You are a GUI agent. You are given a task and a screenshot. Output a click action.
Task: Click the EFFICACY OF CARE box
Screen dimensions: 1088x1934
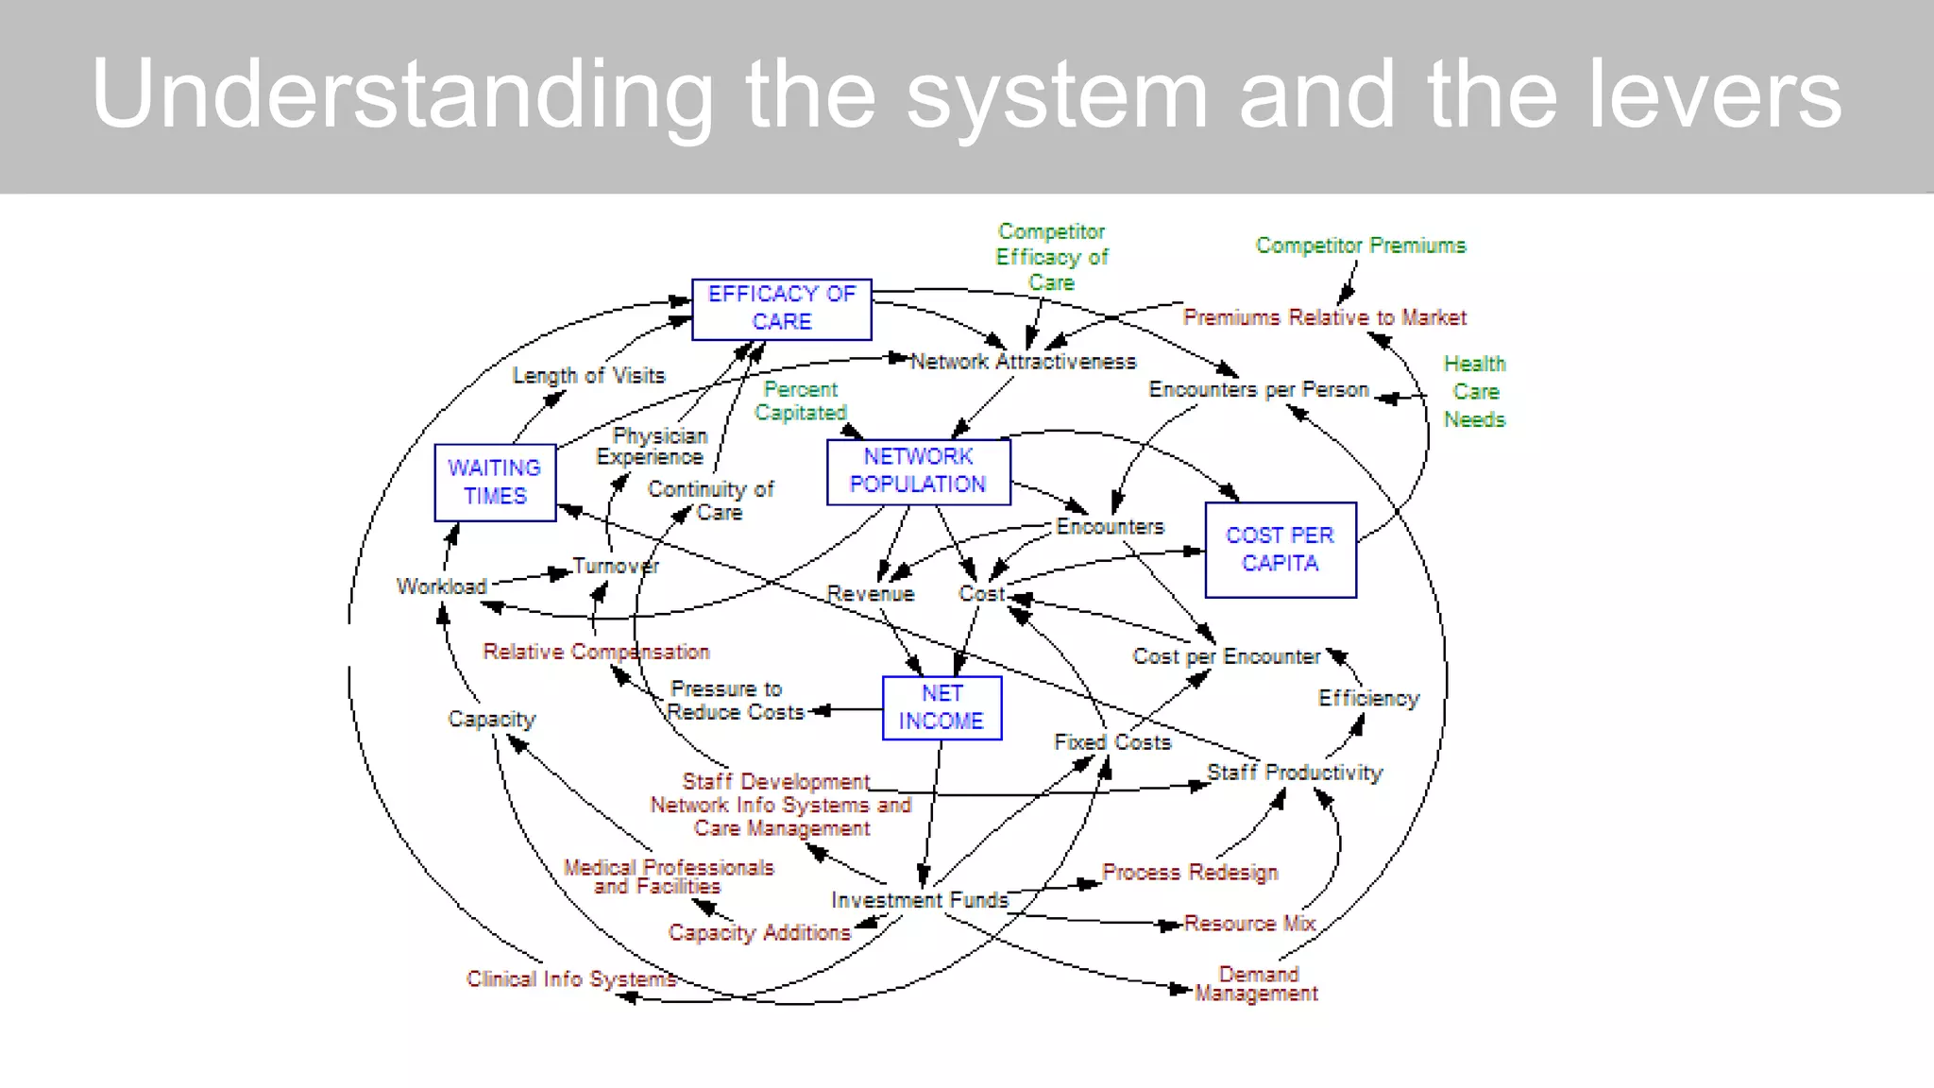click(781, 309)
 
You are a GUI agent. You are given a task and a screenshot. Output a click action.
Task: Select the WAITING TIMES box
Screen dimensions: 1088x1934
click(495, 482)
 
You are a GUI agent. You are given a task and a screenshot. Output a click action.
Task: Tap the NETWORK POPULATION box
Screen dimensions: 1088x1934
click(918, 470)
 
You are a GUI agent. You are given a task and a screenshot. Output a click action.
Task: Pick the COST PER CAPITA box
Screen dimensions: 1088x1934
click(1280, 549)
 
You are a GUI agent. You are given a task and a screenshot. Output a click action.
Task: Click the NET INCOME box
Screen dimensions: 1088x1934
click(942, 707)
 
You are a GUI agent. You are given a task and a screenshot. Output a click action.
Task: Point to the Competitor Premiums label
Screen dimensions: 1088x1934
click(1360, 246)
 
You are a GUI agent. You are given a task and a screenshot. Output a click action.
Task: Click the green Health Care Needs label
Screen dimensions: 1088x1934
click(1474, 391)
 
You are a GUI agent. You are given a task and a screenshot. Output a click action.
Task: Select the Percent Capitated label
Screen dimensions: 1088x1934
click(801, 400)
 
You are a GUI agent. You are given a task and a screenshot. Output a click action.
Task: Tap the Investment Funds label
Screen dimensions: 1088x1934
click(919, 900)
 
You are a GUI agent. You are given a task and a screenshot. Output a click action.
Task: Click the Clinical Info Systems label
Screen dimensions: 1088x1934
click(571, 979)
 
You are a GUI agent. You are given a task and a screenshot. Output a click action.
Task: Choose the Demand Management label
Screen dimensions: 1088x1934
click(1256, 983)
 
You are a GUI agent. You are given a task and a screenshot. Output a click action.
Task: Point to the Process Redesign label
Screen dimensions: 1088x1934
click(1189, 872)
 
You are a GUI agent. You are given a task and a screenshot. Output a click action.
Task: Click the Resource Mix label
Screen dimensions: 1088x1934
click(1248, 923)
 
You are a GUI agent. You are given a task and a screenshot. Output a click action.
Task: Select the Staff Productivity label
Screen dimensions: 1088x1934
click(1294, 773)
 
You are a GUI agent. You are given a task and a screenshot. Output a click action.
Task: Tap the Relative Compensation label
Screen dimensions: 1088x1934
click(596, 652)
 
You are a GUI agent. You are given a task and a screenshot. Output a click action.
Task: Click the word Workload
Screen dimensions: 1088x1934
click(441, 586)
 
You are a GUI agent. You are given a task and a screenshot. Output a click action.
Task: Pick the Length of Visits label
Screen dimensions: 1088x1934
click(588, 376)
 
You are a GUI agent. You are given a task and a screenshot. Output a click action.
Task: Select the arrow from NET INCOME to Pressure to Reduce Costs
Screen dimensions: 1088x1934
click(846, 709)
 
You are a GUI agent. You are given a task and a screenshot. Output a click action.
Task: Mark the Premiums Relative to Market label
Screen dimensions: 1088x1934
click(1324, 317)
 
